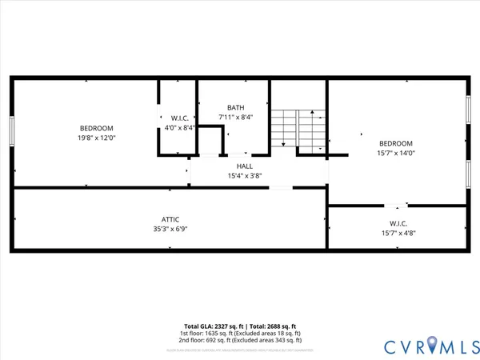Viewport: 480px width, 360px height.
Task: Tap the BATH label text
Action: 235,108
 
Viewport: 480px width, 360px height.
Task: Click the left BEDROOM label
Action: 96,128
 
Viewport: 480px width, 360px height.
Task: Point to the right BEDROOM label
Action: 396,144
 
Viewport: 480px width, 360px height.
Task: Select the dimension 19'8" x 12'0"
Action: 96,138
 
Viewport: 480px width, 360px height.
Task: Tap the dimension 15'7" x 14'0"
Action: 396,154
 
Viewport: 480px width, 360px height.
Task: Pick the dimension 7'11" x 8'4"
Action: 235,118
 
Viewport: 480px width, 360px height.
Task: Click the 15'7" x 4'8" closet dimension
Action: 398,233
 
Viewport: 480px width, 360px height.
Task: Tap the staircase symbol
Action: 298,128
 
